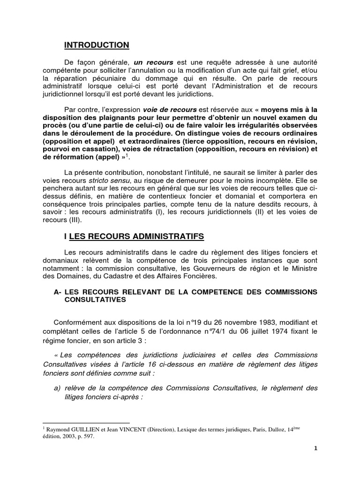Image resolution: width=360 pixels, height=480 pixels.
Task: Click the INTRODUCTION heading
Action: (x=96, y=45)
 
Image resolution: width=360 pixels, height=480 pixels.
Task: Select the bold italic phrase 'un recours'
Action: (x=154, y=62)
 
